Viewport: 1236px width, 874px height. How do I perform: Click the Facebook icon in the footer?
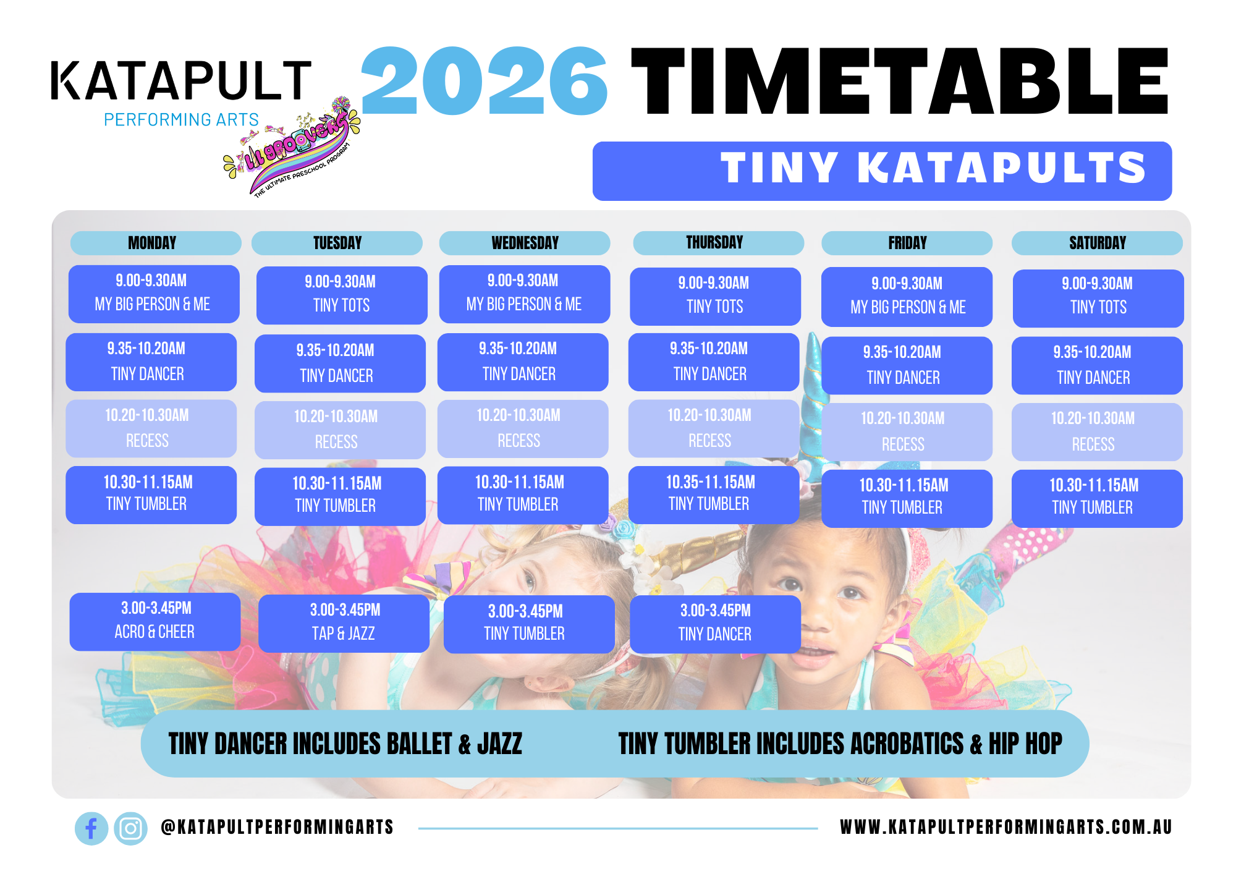[91, 828]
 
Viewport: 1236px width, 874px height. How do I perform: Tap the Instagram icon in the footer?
[130, 828]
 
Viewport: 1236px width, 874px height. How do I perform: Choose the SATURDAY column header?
[1097, 243]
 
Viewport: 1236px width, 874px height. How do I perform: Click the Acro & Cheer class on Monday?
[154, 621]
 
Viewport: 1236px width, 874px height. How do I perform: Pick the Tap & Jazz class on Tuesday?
[344, 623]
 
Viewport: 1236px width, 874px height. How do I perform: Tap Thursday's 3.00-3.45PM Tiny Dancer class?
[715, 624]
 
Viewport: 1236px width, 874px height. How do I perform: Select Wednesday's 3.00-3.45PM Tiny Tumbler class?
[529, 624]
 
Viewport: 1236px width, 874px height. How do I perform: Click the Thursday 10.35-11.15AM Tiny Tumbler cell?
[714, 494]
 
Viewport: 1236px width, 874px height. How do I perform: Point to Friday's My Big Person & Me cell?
[907, 297]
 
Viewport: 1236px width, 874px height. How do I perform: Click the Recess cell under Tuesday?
[340, 430]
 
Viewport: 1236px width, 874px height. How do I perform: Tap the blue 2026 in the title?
[485, 81]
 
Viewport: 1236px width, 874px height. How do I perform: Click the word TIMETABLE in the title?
[900, 81]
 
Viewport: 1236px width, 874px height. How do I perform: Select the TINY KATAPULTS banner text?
[933, 168]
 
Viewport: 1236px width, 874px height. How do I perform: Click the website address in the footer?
[1006, 827]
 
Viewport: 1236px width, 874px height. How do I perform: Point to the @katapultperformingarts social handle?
[277, 827]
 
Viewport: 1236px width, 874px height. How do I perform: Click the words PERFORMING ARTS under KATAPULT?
[181, 119]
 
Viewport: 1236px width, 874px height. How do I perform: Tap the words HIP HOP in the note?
[1025, 744]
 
